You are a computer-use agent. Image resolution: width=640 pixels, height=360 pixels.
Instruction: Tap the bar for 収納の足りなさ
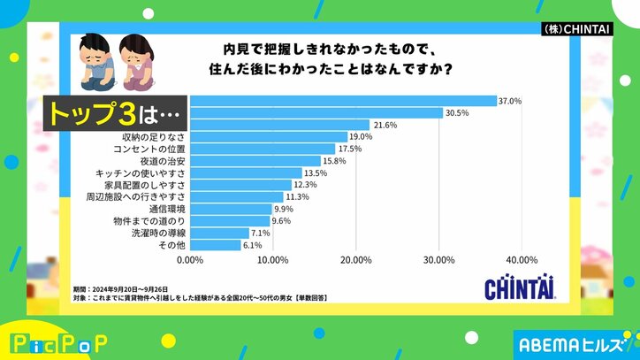pos(269,137)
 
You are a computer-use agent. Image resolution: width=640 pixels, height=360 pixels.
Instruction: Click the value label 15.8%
pos(333,161)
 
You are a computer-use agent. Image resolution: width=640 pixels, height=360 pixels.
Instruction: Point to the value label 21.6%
pos(383,125)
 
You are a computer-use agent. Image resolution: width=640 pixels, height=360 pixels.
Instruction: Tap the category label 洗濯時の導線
pos(156,233)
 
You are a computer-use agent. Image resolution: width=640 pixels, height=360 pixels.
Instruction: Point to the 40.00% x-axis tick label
pos(521,260)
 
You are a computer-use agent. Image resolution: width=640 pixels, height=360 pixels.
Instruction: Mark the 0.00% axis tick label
pos(190,260)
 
